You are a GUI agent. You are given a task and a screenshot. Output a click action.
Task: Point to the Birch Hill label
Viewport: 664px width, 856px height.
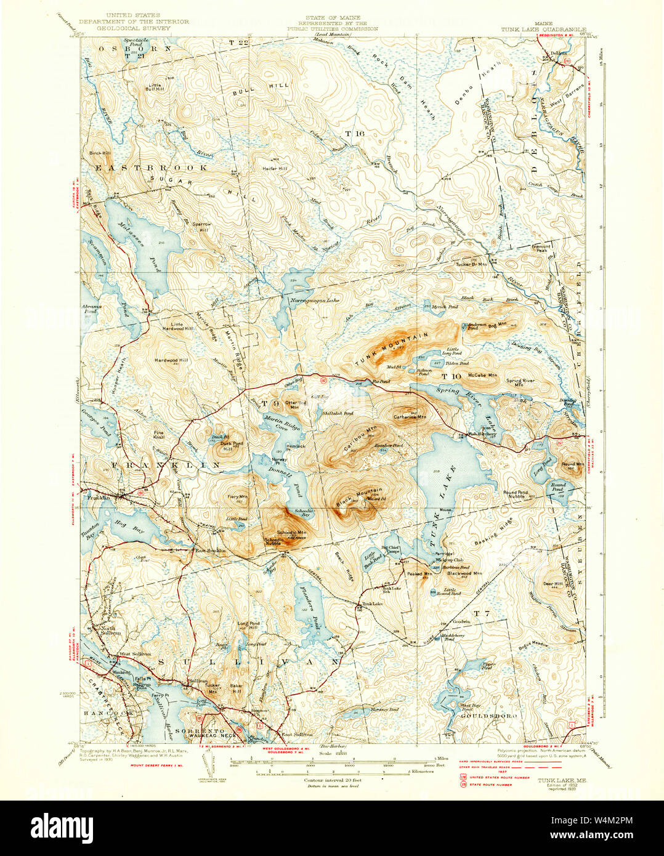(99, 153)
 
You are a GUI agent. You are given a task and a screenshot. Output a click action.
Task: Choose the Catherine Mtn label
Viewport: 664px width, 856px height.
(410, 417)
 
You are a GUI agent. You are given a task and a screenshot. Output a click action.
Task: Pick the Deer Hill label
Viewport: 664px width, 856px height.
(553, 584)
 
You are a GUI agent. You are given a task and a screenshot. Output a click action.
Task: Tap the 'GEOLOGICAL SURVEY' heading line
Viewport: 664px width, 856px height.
(139, 28)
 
